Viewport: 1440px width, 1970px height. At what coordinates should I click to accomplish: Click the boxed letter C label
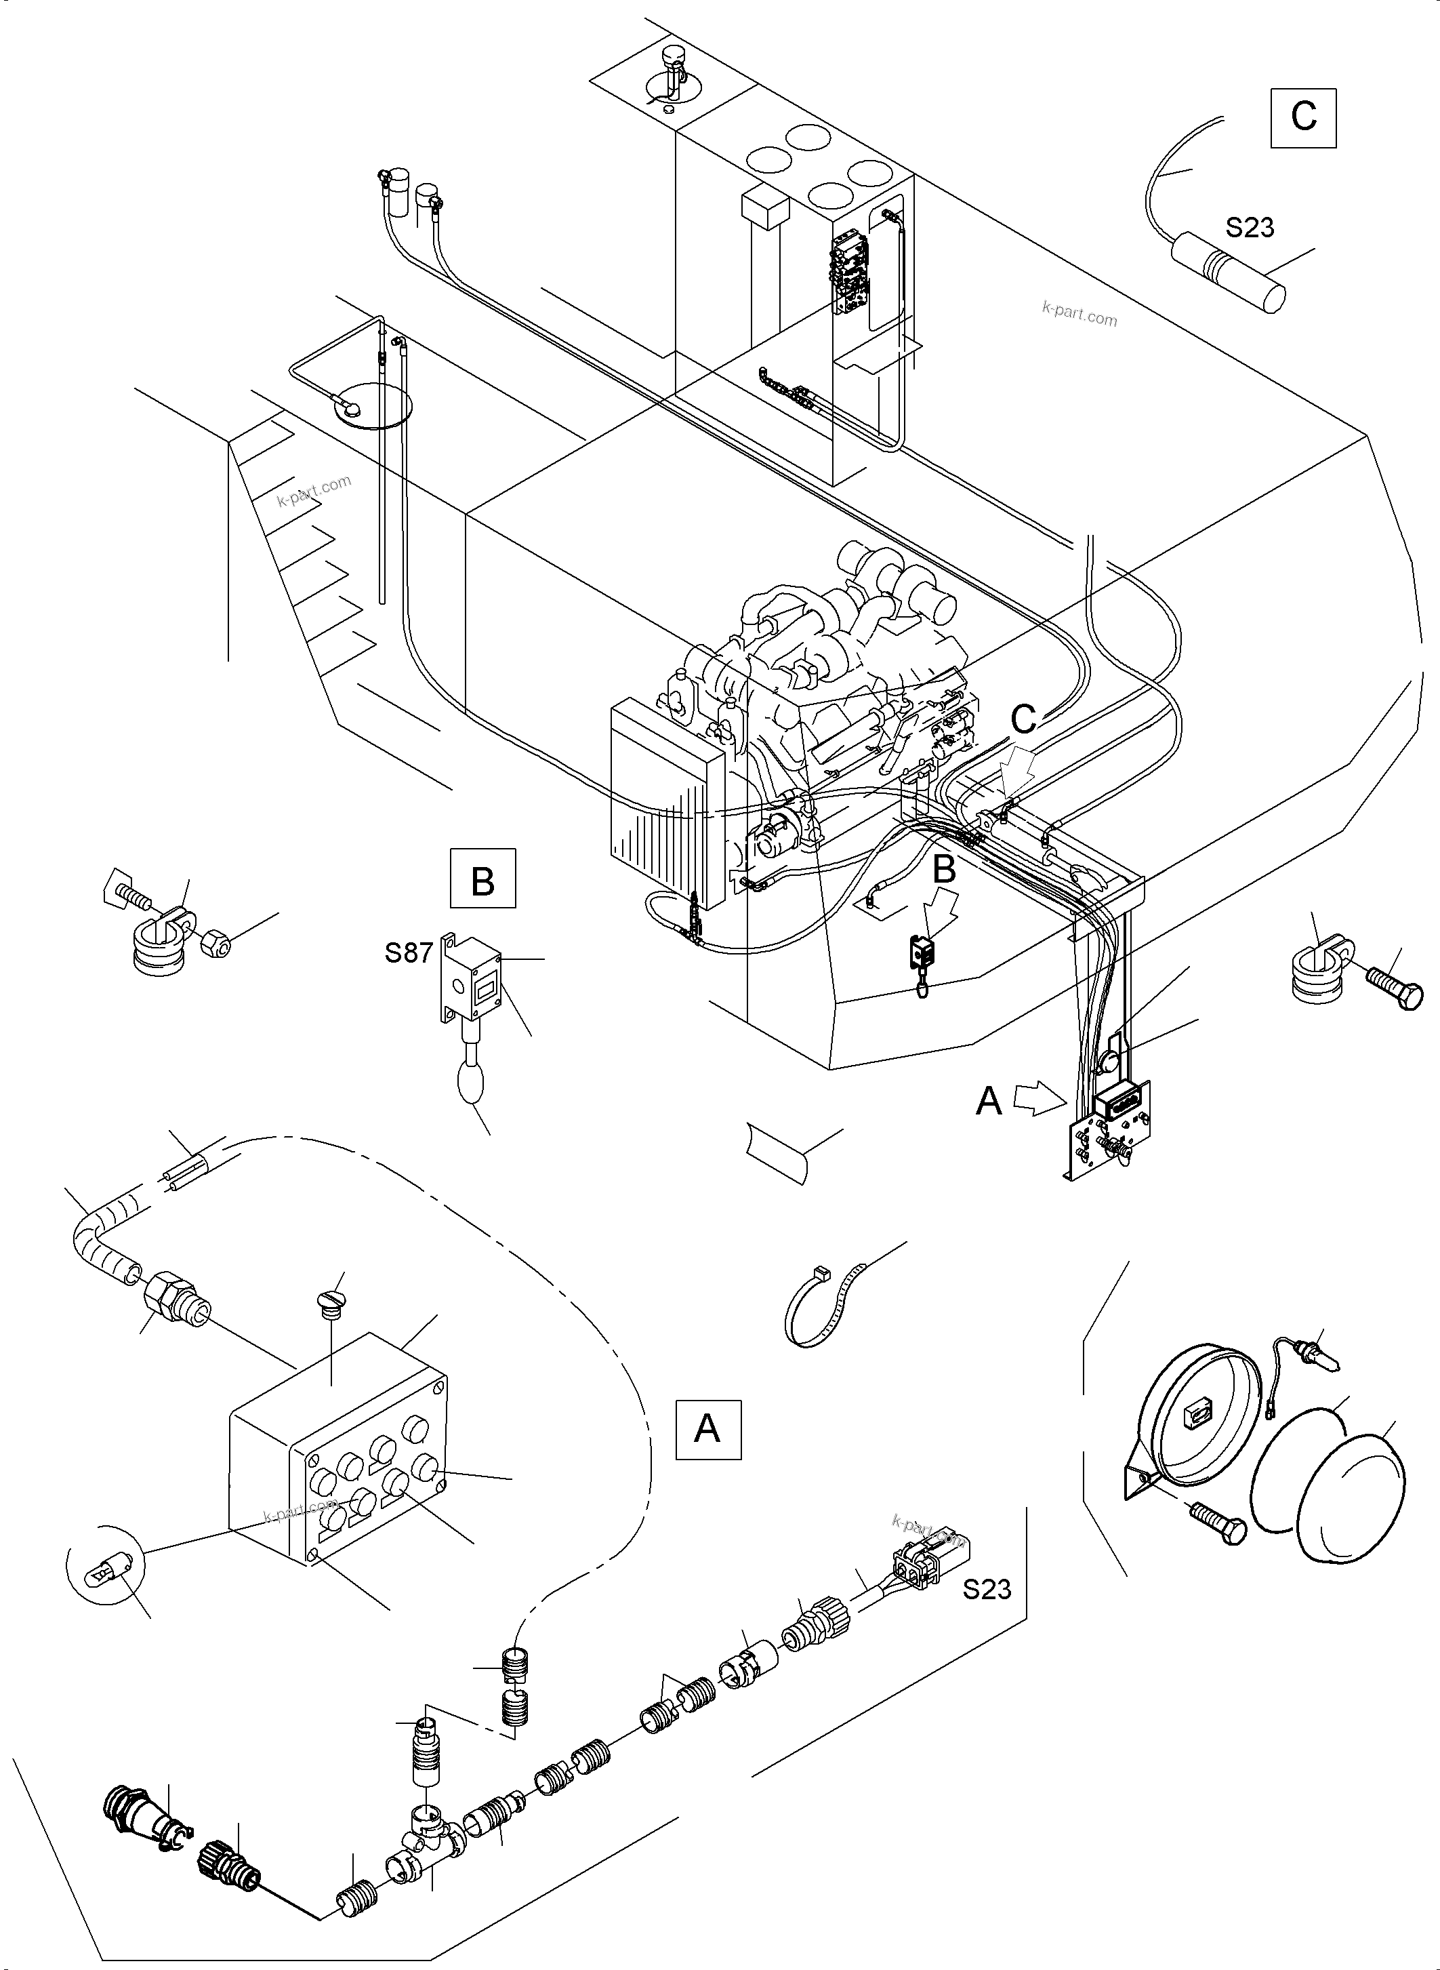(1303, 117)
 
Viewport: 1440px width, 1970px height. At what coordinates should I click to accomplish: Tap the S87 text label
(409, 953)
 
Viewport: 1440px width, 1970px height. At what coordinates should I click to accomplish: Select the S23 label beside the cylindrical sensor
(1249, 228)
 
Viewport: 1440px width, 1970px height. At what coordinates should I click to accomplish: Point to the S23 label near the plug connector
(987, 1589)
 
